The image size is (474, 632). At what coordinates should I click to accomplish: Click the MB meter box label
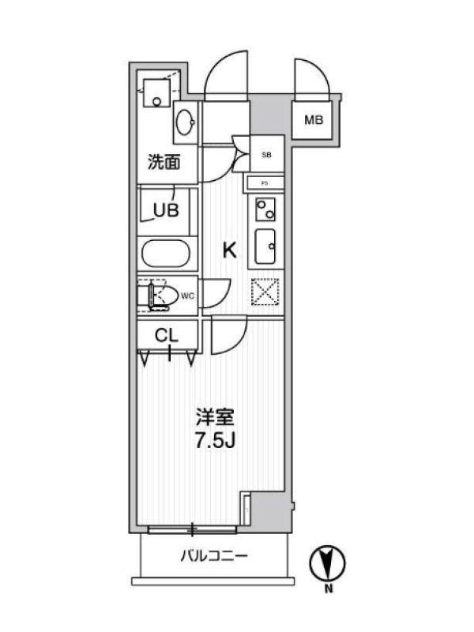pyautogui.click(x=314, y=120)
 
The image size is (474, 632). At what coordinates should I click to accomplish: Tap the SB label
pyautogui.click(x=266, y=155)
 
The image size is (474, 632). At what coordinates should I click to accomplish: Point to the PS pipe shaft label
pyautogui.click(x=265, y=183)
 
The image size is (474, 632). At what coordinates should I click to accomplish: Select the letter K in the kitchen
pyautogui.click(x=230, y=250)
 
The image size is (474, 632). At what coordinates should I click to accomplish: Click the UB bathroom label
pyautogui.click(x=166, y=210)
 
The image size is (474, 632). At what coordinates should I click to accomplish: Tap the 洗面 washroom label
pyautogui.click(x=164, y=162)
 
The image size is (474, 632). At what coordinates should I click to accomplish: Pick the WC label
pyautogui.click(x=187, y=296)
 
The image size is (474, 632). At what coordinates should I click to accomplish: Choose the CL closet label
pyautogui.click(x=167, y=335)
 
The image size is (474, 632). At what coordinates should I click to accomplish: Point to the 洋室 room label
pyautogui.click(x=215, y=418)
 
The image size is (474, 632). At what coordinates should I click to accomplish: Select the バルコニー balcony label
pyautogui.click(x=214, y=557)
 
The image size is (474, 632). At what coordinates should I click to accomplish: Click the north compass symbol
pyautogui.click(x=327, y=563)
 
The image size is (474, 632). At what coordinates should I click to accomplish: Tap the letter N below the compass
pyautogui.click(x=329, y=589)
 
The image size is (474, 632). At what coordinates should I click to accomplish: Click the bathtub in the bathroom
pyautogui.click(x=165, y=254)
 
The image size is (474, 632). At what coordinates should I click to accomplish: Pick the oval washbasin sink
pyautogui.click(x=186, y=122)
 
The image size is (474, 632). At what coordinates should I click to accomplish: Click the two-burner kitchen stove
pyautogui.click(x=265, y=209)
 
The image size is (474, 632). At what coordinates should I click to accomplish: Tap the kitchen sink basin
pyautogui.click(x=265, y=246)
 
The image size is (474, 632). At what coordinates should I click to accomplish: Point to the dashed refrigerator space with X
pyautogui.click(x=265, y=292)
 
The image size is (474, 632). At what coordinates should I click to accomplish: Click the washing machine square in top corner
pyautogui.click(x=156, y=92)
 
